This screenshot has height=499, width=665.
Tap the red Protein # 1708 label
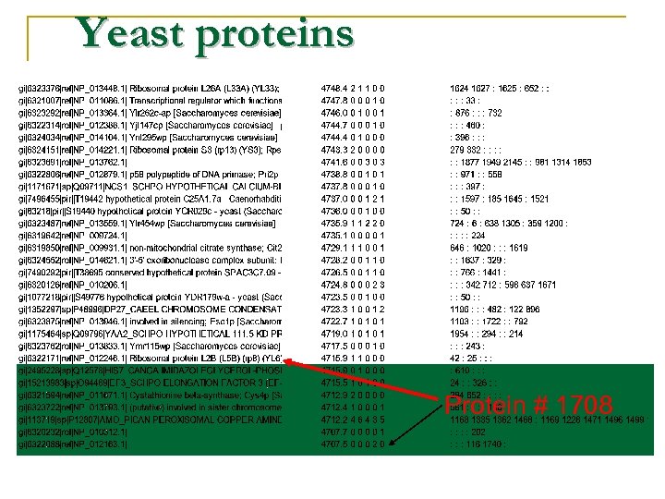528,406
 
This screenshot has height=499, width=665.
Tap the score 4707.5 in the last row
333,443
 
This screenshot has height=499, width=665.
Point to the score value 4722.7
333,321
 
